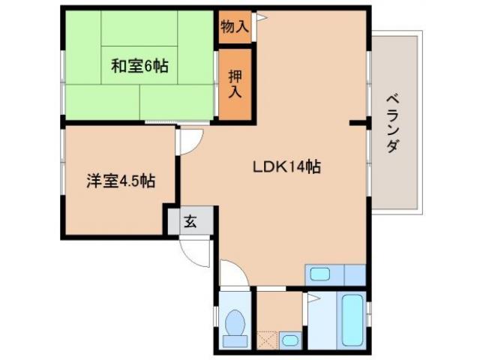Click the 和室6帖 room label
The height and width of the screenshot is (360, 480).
[140, 66]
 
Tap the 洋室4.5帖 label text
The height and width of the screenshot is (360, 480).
[120, 181]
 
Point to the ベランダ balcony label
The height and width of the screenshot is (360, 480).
[391, 124]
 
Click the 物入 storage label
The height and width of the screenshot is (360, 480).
[234, 26]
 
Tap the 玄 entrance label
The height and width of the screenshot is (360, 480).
[190, 221]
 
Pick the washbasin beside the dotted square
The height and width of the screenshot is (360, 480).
[289, 339]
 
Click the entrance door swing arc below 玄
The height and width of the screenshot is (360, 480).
[193, 251]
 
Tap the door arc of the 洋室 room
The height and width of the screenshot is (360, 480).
[190, 141]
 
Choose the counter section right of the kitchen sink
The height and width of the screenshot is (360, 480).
[353, 274]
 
